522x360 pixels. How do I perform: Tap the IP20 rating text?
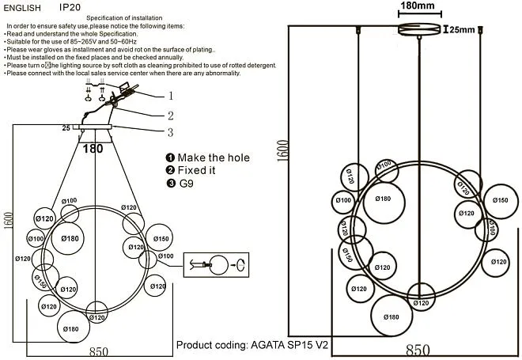pos(70,7)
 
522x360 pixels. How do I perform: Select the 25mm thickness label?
pos(463,30)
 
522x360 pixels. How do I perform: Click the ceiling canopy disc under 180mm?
pos(419,30)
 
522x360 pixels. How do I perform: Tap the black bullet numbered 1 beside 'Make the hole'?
pos(170,157)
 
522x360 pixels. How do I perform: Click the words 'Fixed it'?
pos(196,170)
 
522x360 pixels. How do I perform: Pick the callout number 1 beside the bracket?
pos(169,96)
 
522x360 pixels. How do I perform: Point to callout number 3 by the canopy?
pos(169,132)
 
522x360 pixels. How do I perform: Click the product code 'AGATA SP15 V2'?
pos(290,346)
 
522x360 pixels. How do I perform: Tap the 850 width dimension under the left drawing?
pos(99,351)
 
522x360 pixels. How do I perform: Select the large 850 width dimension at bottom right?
pos(418,349)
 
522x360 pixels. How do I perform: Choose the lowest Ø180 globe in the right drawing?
pos(391,316)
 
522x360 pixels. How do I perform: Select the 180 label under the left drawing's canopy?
pos(93,147)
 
